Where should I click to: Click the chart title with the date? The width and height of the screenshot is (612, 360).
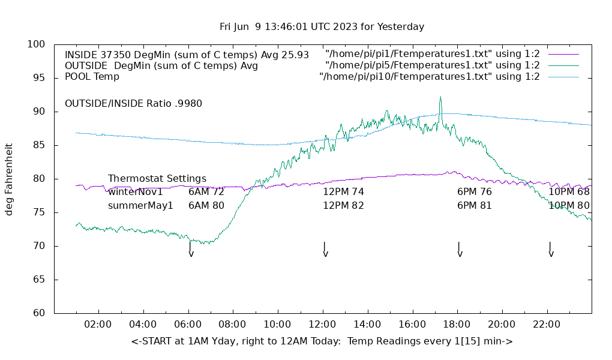[x=322, y=26]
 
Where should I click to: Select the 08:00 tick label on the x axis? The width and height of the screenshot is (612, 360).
[x=232, y=325]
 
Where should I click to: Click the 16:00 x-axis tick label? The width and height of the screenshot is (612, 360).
[x=412, y=325]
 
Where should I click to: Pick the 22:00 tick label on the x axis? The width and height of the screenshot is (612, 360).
[x=547, y=325]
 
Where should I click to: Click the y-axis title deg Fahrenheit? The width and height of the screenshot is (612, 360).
[x=10, y=179]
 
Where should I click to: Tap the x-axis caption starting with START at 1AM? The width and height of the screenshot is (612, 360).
[x=322, y=341]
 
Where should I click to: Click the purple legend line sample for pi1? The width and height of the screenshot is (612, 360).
[x=563, y=54]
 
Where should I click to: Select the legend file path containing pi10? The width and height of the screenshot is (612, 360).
[x=430, y=77]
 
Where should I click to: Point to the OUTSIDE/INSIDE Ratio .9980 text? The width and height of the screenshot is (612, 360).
[x=133, y=103]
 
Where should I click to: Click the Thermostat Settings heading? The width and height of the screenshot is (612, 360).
[x=157, y=179]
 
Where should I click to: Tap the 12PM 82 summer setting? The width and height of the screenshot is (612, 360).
[x=343, y=205]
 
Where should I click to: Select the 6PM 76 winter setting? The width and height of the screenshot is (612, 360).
[x=474, y=192]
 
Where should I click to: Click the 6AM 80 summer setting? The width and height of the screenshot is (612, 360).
[x=206, y=205]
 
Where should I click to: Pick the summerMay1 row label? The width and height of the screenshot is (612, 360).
[x=140, y=205]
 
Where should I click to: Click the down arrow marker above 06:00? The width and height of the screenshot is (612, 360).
[x=191, y=251]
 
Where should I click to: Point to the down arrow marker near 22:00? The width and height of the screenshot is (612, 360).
[x=550, y=251]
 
